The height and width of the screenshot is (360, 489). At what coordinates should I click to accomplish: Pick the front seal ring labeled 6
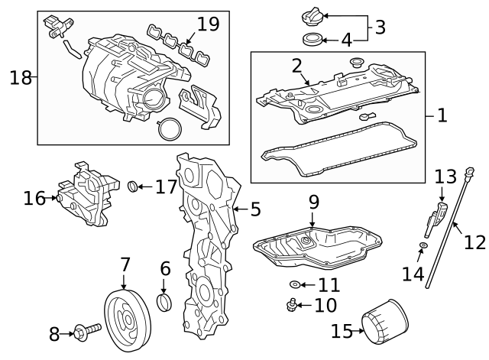coord(164,303)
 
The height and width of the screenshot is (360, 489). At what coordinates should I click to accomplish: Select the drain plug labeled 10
coord(290,306)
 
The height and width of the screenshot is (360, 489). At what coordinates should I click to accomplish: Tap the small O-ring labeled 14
coord(422,246)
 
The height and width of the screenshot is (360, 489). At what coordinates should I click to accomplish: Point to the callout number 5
coord(254,207)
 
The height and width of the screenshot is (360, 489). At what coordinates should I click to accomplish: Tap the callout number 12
coord(474,242)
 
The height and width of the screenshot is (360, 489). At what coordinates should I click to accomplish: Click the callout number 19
coord(208,24)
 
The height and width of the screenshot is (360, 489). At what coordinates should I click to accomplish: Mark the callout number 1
coord(442,116)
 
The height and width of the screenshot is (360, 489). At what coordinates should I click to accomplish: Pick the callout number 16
coord(34,199)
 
